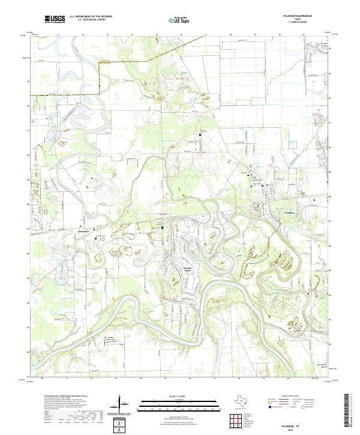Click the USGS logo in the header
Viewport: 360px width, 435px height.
click(x=55, y=20)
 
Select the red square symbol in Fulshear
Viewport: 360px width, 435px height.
click(x=262, y=187)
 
